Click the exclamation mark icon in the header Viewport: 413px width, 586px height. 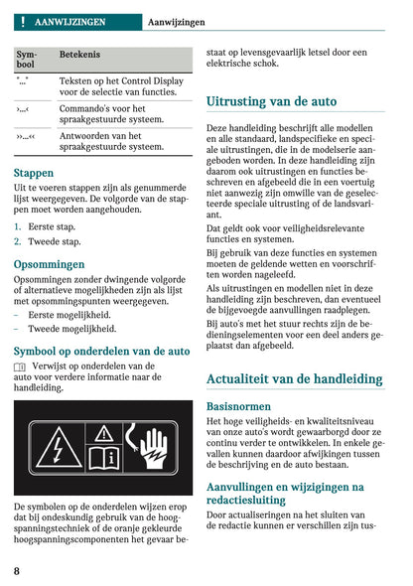(21, 21)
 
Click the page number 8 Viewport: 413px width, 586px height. (18, 570)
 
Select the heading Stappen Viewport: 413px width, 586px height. (34, 172)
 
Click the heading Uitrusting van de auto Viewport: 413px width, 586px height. (271, 101)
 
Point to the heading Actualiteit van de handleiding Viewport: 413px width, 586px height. (294, 378)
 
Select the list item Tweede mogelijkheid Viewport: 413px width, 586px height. (71, 328)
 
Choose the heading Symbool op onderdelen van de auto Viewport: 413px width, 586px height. (101, 351)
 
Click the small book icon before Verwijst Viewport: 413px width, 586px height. (20, 366)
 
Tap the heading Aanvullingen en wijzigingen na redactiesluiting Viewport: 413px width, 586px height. (285, 494)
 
